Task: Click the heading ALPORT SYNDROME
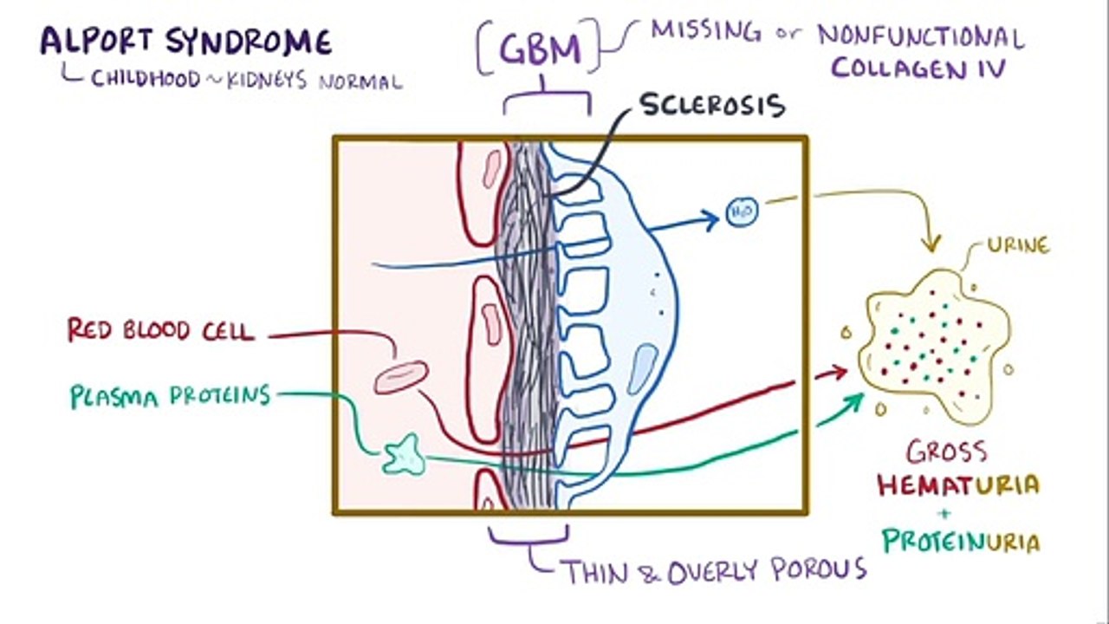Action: pyautogui.click(x=185, y=42)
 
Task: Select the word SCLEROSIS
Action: pyautogui.click(x=712, y=105)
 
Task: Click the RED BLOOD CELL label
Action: pyautogui.click(x=161, y=330)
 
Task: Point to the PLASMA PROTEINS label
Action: pyautogui.click(x=170, y=396)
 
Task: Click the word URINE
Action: pyautogui.click(x=1018, y=246)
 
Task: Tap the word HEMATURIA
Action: pyautogui.click(x=957, y=484)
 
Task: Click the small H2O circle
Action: pyautogui.click(x=742, y=212)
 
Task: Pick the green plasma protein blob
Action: pyautogui.click(x=404, y=455)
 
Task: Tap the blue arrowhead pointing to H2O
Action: pyautogui.click(x=711, y=219)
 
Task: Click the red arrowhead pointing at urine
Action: pyautogui.click(x=838, y=373)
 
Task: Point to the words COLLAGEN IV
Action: pyautogui.click(x=918, y=68)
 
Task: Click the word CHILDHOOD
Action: pyautogui.click(x=144, y=80)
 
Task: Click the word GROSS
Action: pyautogui.click(x=946, y=452)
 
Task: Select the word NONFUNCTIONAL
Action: pyautogui.click(x=920, y=36)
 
